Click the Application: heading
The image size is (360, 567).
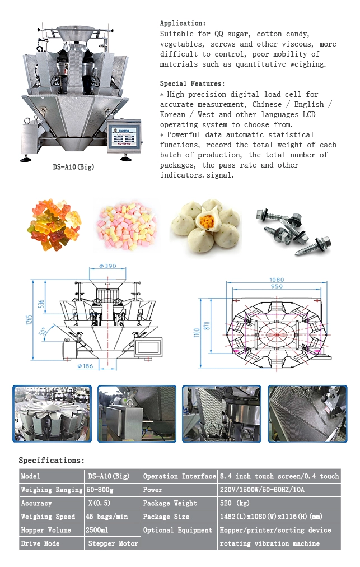tap(183, 23)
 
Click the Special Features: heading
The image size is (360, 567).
tap(192, 83)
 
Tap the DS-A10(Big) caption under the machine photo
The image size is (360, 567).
tap(73, 167)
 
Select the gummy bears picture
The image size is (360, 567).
tap(54, 225)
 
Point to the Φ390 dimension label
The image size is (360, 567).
tap(107, 266)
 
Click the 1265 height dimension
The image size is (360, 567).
tap(29, 320)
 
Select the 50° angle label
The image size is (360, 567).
tap(43, 332)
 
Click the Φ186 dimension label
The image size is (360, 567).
tap(85, 366)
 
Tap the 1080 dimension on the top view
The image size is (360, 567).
tap(277, 280)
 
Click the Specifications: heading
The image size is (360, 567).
tap(52, 461)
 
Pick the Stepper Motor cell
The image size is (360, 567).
tap(113, 543)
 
